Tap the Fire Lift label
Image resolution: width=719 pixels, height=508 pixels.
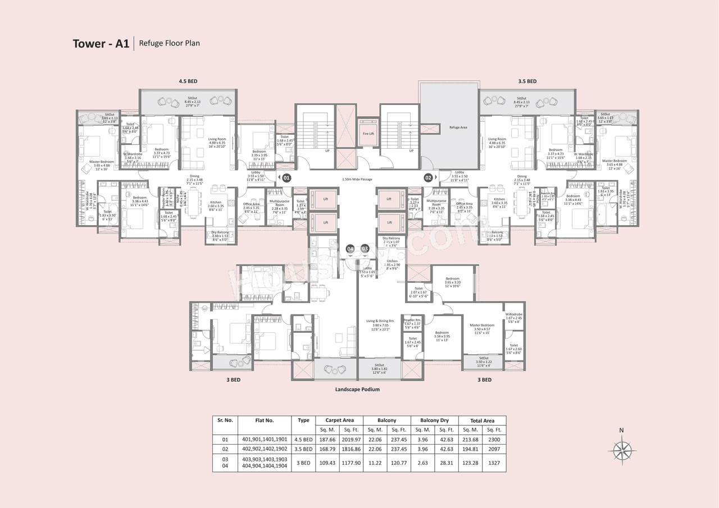(x=368, y=134)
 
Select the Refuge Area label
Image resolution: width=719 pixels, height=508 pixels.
(x=458, y=127)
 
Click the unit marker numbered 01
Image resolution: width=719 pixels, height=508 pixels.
(x=286, y=177)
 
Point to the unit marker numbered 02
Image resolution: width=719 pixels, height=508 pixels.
(x=428, y=177)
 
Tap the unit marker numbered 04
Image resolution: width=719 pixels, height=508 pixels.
(x=351, y=248)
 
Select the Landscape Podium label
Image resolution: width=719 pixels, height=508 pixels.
(x=357, y=389)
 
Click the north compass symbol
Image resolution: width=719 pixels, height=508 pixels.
(x=621, y=450)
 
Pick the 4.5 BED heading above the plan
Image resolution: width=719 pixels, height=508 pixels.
(x=186, y=81)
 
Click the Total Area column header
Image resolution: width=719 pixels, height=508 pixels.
(x=482, y=420)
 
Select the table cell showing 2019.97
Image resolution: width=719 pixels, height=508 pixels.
(x=352, y=439)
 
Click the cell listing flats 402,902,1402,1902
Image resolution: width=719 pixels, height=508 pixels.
(x=265, y=449)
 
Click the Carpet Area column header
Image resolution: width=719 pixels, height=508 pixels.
(x=340, y=420)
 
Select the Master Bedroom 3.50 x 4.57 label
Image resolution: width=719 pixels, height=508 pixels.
(x=482, y=328)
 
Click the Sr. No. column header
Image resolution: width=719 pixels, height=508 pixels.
(x=225, y=420)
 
